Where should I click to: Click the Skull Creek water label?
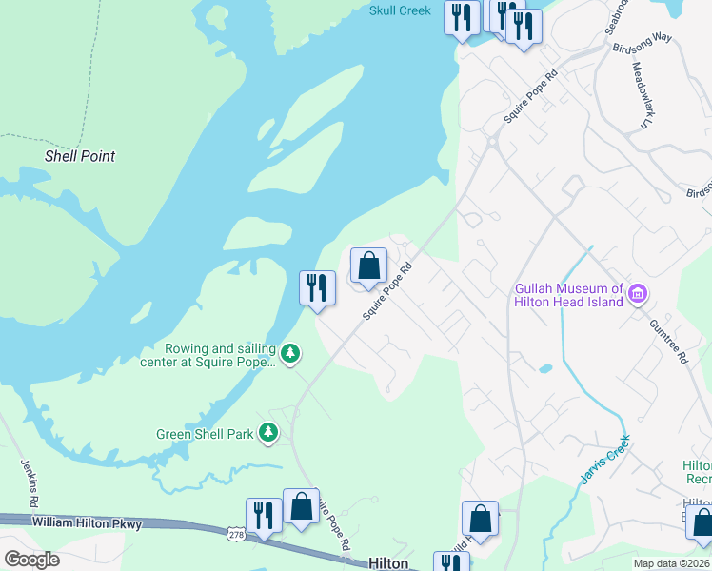[400, 10]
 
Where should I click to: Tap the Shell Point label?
[80, 156]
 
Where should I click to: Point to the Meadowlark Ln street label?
[640, 96]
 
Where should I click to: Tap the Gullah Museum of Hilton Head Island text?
[568, 295]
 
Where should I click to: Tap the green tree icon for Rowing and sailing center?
[290, 355]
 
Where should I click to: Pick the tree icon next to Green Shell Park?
[269, 434]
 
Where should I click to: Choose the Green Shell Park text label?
[205, 434]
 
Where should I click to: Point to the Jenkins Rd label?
[30, 482]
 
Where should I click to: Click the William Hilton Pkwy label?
[86, 522]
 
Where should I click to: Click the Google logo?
[31, 560]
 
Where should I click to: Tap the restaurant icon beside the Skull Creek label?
[462, 17]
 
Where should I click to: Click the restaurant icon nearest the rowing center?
[317, 286]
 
